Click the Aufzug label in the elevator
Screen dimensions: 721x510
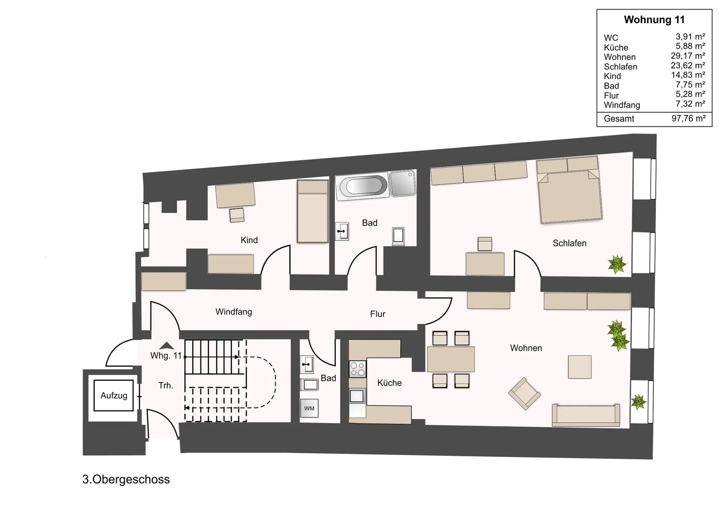click(x=114, y=395)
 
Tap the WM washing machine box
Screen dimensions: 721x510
click(x=309, y=408)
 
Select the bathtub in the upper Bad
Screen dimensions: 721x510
click(x=362, y=186)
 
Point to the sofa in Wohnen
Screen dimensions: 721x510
click(x=586, y=415)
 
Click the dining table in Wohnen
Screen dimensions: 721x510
click(x=451, y=359)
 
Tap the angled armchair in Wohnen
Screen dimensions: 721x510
click(x=524, y=393)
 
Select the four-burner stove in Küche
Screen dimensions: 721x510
click(x=357, y=369)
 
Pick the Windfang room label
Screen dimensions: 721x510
click(x=234, y=312)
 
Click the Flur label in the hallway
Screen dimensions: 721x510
click(x=378, y=314)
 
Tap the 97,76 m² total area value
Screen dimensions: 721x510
click(x=689, y=118)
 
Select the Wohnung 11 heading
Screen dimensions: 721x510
click(x=654, y=20)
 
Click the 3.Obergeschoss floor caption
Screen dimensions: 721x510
click(x=126, y=480)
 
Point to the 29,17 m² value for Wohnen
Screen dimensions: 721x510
click(x=688, y=56)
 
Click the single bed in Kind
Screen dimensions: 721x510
click(x=312, y=211)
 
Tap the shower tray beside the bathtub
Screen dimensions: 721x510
click(x=403, y=184)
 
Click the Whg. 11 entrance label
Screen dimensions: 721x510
click(x=166, y=356)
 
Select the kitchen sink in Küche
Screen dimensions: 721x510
click(x=357, y=396)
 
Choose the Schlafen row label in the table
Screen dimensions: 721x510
click(x=620, y=67)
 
